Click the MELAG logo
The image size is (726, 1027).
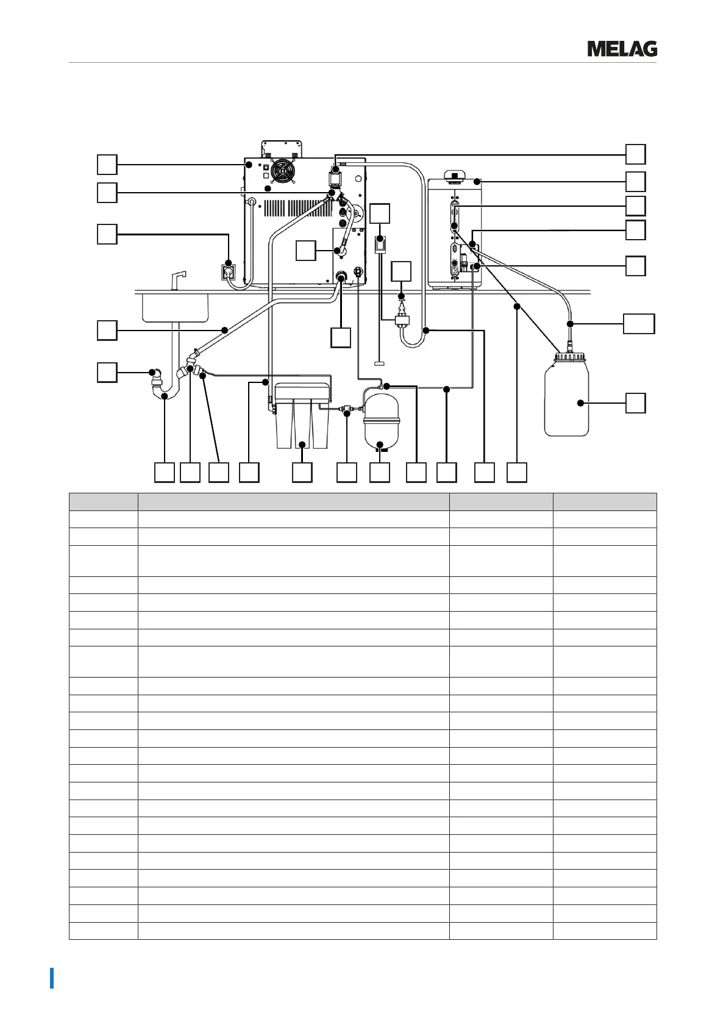point(622,49)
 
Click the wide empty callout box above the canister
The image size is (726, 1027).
point(638,323)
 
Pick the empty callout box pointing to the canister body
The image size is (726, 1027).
point(636,403)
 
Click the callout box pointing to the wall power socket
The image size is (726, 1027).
point(107,234)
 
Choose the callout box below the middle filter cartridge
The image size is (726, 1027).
point(302,472)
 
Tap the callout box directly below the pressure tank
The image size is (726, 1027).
point(380,472)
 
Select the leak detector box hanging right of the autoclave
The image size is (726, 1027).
point(379,246)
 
